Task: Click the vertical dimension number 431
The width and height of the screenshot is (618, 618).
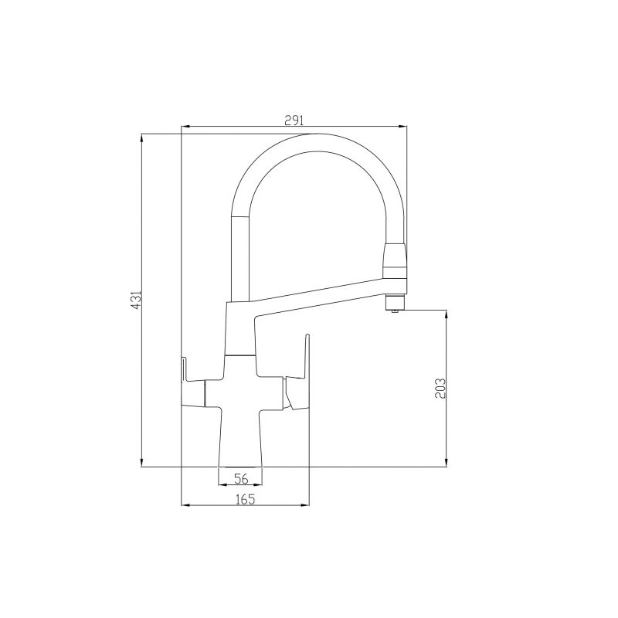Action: click(x=134, y=301)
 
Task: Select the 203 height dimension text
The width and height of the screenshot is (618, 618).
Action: click(x=440, y=389)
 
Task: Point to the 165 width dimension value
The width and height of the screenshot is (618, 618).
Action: click(x=244, y=499)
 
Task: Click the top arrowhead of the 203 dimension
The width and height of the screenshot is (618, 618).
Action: click(x=447, y=314)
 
